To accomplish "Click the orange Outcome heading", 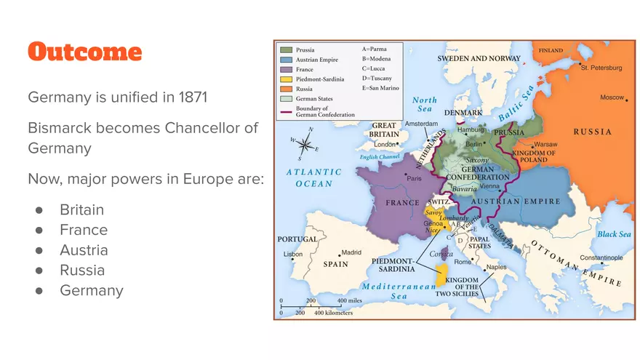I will coord(84,52).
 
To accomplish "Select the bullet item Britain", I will coord(81,209).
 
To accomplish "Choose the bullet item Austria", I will coord(84,250).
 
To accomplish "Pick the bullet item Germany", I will coord(92,290).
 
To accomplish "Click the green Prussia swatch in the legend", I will coord(286,50).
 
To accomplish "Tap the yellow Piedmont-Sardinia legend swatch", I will coord(286,79).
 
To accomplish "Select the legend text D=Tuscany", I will coord(377,78).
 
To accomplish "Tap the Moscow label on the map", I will coord(612,97).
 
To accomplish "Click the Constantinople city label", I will coord(601,257).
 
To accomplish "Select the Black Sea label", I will coord(613,234).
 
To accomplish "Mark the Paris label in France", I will coord(414,178).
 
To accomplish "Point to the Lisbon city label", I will coord(293,254).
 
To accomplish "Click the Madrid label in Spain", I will coord(351,252).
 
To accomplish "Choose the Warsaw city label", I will coord(545,144).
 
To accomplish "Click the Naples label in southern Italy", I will coord(496,267).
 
